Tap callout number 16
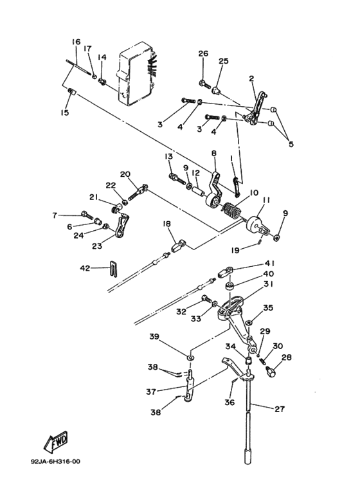pyautogui.click(x=76, y=42)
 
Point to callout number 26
pyautogui.click(x=203, y=53)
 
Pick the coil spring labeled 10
pyautogui.click(x=230, y=210)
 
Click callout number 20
pyautogui.click(x=125, y=174)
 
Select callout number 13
pyautogui.click(x=168, y=157)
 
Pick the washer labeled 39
pyautogui.click(x=191, y=355)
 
